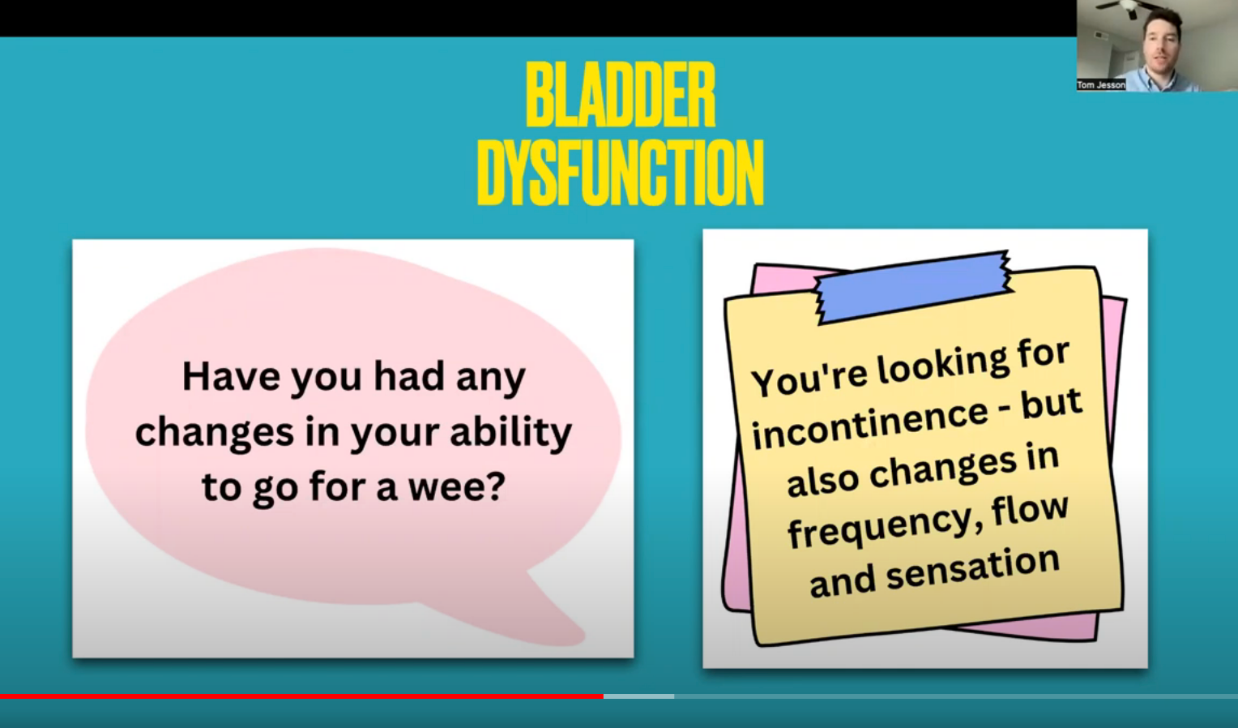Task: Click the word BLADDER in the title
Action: [621, 94]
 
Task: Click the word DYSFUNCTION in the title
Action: [620, 173]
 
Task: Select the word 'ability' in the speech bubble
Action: [510, 433]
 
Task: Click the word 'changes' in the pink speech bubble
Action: [215, 433]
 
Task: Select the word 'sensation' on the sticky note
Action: [973, 567]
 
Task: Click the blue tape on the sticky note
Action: [913, 286]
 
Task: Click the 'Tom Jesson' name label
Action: [1101, 85]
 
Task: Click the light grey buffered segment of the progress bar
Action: [639, 696]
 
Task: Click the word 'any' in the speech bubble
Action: [491, 379]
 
